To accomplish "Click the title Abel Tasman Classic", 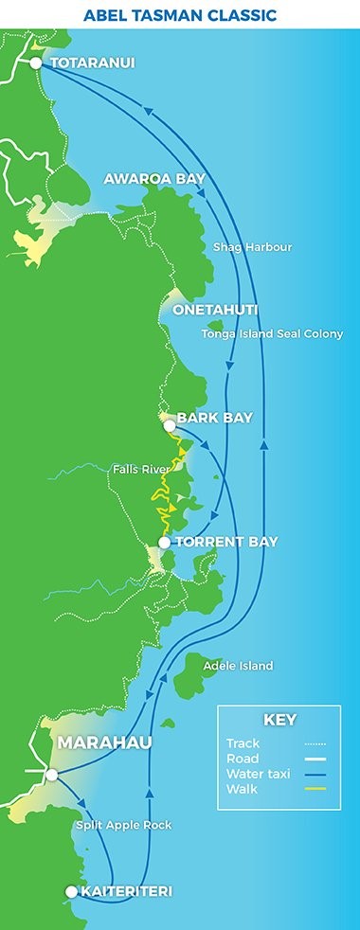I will (179, 16).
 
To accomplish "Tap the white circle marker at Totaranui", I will (36, 63).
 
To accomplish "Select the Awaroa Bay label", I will (154, 179).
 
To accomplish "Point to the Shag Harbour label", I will (252, 247).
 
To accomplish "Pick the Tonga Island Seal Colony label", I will (272, 333).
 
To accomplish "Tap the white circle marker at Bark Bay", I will (170, 426).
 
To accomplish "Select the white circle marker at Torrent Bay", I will (164, 543).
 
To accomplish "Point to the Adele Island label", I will (237, 666).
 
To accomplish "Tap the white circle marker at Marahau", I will (52, 775).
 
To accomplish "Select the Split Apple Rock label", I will (123, 825).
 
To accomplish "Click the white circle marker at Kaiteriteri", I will (71, 891).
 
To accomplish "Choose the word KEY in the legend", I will (279, 720).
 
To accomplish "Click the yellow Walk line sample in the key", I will (314, 787).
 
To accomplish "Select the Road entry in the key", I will (242, 758).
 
